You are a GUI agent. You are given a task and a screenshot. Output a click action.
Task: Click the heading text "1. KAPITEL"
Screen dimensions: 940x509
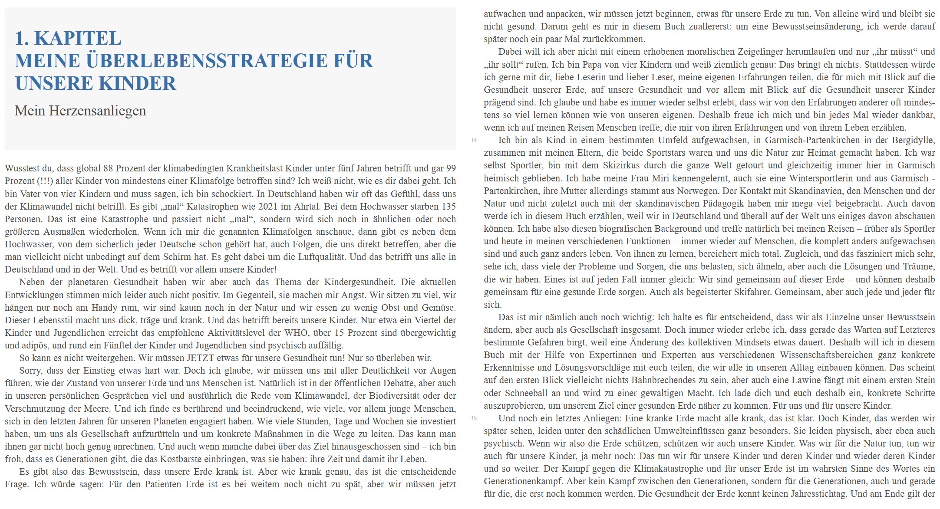tap(68, 38)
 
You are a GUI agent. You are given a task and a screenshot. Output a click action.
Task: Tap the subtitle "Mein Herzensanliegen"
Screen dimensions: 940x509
tap(80, 111)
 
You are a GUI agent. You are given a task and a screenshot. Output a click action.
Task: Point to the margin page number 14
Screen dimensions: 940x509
tap(474, 140)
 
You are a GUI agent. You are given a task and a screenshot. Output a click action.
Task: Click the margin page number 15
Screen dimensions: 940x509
tap(474, 418)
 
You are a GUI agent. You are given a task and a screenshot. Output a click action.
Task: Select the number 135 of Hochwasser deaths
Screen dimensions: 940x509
tap(448, 207)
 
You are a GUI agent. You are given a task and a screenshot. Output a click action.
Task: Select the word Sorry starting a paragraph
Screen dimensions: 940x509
tap(30, 371)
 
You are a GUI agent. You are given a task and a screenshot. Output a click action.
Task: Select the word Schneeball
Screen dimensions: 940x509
tap(527, 393)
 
